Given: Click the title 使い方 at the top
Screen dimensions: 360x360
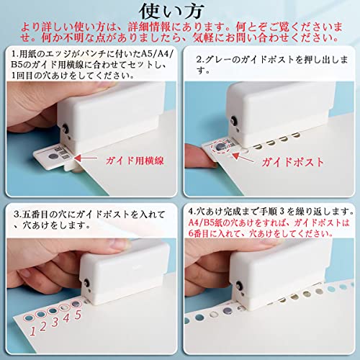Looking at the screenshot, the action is (171, 12).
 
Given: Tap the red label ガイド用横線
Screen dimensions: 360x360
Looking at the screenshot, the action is (135, 161).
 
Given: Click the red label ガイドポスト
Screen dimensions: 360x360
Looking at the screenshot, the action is (293, 162).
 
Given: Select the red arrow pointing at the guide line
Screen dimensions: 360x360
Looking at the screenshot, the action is (86, 158).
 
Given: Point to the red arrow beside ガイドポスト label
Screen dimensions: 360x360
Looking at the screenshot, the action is (243, 157).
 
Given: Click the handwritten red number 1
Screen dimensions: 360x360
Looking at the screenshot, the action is (32, 331).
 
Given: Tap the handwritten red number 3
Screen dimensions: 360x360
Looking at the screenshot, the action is (55, 322).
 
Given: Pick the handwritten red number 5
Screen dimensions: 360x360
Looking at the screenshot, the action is (78, 315).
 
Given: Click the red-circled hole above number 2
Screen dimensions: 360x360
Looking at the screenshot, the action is (40, 314).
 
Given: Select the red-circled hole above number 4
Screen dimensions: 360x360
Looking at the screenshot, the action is (64, 307).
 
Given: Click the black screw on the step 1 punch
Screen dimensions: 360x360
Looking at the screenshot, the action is (65, 128).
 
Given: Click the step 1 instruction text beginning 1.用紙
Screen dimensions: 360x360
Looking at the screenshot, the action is (91, 65).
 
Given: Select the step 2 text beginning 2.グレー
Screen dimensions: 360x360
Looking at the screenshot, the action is (272, 65).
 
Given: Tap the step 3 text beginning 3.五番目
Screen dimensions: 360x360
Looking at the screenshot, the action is (89, 220).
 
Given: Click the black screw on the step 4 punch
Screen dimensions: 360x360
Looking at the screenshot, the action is (239, 286).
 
